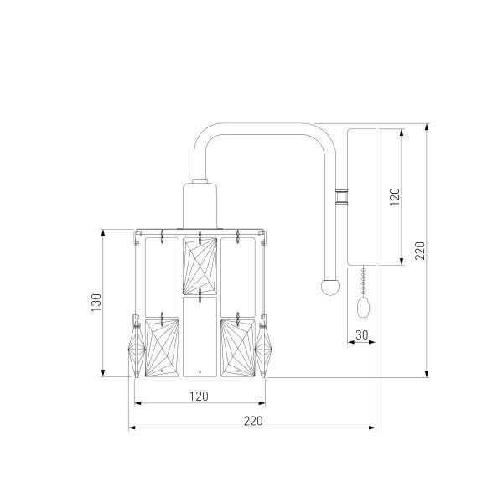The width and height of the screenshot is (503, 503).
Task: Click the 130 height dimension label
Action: (96, 302)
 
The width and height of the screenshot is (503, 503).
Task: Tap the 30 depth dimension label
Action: (362, 334)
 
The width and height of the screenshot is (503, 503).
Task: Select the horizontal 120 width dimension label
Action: (199, 397)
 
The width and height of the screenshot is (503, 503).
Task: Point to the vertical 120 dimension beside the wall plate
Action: (395, 197)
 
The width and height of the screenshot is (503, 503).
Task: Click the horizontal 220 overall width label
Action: (253, 421)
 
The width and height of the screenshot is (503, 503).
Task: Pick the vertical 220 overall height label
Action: (420, 251)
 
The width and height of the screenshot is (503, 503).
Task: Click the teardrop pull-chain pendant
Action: (363, 308)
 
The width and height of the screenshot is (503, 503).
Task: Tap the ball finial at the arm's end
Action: (330, 287)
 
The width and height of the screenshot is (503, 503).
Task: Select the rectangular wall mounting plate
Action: (362, 197)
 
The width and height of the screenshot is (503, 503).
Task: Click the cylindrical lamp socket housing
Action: (200, 205)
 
